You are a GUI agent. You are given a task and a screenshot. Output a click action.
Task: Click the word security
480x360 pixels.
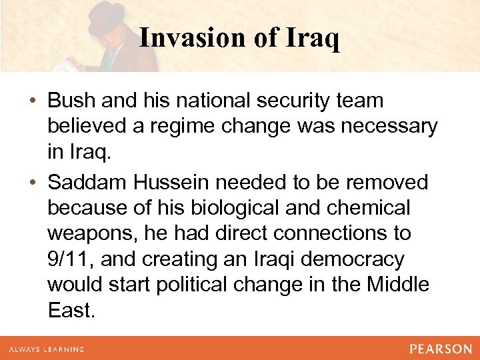click(301, 101)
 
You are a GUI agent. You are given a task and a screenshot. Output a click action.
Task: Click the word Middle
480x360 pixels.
click(399, 284)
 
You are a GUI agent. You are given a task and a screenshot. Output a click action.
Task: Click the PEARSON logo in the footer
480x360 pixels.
click(440, 349)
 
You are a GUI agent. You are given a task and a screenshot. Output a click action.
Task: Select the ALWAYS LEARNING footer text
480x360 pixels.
click(47, 349)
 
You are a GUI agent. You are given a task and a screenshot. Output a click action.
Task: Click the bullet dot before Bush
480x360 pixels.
click(33, 101)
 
